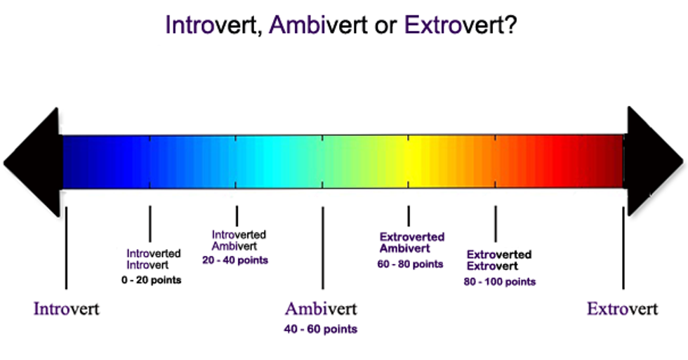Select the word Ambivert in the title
[319, 25]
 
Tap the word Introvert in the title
[211, 25]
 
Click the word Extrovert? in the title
[461, 25]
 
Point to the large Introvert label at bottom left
[67, 309]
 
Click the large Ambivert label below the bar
[322, 309]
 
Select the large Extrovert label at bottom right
[623, 309]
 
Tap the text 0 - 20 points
[152, 280]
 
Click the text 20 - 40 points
[235, 260]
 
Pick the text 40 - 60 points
[321, 329]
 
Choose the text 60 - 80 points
[410, 264]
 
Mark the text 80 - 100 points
[500, 281]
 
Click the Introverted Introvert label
[154, 259]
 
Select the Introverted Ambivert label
[239, 240]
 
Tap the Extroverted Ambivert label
[412, 243]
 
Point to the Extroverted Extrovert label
[499, 260]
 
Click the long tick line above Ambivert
[323, 248]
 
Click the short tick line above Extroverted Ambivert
[409, 215]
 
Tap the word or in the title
[386, 26]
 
